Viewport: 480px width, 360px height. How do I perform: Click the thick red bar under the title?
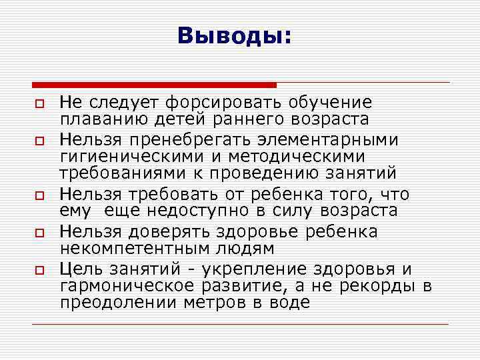154,85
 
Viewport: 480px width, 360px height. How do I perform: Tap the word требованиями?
113,173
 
